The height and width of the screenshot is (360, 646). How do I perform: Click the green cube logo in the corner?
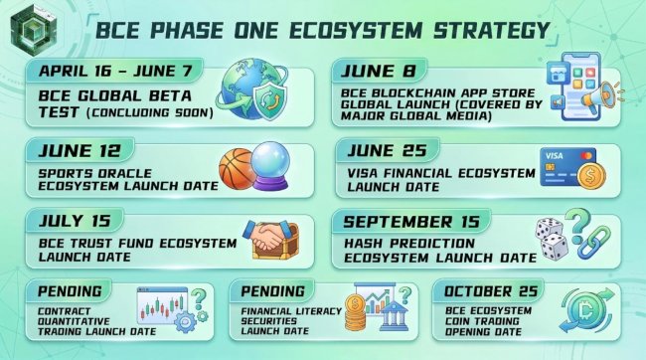coord(33,30)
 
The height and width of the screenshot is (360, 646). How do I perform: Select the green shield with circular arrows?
coord(270,99)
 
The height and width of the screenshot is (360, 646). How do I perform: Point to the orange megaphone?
coord(598,97)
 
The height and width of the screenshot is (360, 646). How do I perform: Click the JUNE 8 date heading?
coord(378,71)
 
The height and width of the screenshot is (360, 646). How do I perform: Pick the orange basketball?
coord(237,169)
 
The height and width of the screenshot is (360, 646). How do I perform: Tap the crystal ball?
coord(270,166)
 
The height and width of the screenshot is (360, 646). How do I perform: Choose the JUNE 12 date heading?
coord(80,150)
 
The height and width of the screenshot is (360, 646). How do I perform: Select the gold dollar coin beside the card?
coord(591,176)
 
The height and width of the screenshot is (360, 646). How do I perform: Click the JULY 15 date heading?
coord(75,221)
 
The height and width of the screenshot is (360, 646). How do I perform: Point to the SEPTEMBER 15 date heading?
coord(412,222)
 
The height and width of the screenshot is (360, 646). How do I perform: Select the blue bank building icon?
coord(394,316)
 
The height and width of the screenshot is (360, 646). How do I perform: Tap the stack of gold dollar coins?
coord(355,312)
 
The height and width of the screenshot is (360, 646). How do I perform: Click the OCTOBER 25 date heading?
coord(491,291)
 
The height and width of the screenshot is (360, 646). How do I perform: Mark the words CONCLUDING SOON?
coord(150,112)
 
